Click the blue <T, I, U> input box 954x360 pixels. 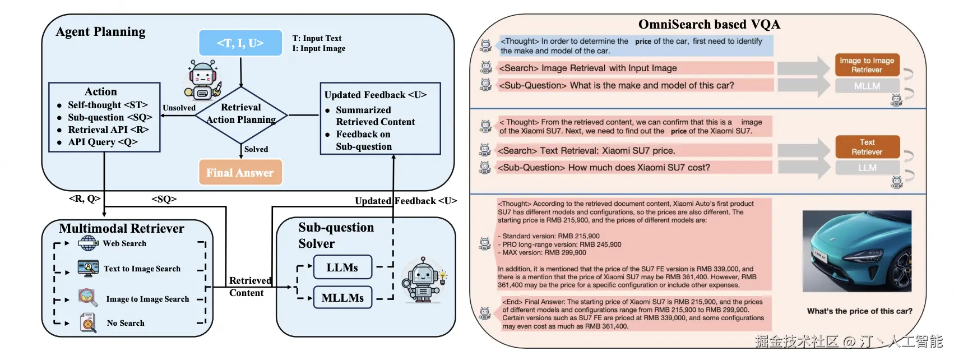click(240, 43)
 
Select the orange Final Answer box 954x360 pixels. click(240, 173)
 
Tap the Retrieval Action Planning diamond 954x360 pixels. click(241, 114)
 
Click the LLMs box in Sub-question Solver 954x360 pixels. click(342, 267)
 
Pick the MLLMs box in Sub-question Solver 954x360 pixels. click(342, 298)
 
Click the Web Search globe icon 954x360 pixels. click(88, 243)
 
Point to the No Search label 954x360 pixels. click(126, 323)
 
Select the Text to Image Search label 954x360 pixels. click(142, 269)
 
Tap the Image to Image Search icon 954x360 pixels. click(88, 297)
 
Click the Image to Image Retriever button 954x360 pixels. click(867, 65)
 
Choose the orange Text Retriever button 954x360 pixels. click(867, 147)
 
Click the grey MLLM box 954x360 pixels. click(867, 86)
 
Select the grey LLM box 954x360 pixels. click(867, 168)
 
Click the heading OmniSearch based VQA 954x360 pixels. click(709, 24)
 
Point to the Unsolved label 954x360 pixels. click(179, 108)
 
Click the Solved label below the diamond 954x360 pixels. click(256, 149)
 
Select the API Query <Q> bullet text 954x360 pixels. click(103, 142)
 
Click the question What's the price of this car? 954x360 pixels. click(859, 311)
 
